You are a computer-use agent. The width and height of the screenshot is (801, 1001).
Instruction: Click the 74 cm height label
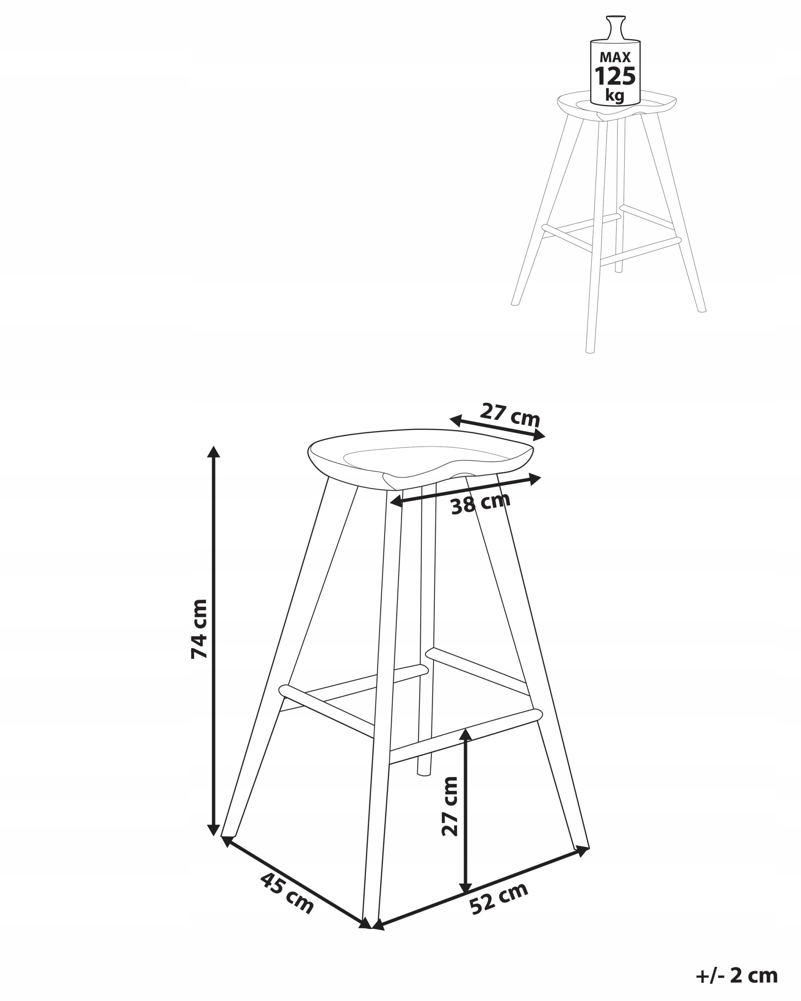[199, 629]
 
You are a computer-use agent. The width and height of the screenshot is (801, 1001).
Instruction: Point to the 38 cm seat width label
[481, 503]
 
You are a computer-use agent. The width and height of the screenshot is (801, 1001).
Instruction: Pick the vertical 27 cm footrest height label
[449, 806]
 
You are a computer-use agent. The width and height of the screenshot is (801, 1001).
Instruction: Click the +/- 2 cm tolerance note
[736, 975]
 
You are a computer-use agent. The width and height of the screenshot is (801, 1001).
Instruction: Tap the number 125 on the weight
[615, 76]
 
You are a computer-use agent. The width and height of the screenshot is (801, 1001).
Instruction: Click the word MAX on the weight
[615, 57]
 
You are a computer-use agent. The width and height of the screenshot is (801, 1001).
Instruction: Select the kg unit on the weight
[615, 96]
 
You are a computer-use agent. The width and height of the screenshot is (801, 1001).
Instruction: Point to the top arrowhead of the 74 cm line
[213, 451]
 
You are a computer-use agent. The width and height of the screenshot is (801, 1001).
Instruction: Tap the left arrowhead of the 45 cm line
[227, 840]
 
